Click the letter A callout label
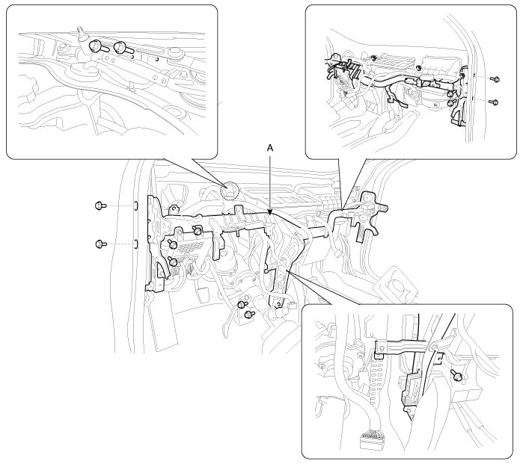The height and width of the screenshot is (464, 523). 271,149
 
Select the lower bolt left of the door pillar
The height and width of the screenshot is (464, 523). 100,243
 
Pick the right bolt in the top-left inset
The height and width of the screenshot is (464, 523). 121,49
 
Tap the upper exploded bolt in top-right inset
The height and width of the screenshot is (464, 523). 495,78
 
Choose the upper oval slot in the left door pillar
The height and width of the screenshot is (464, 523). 136,205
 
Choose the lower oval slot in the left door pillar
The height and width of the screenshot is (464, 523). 136,243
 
